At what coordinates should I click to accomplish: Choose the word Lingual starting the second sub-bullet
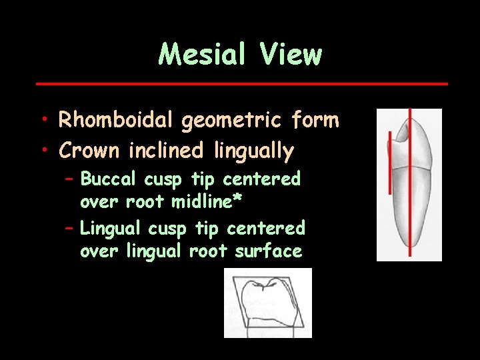(x=111, y=229)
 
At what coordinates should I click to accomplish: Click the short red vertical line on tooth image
(x=389, y=163)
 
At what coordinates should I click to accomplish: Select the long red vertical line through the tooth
(x=411, y=200)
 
